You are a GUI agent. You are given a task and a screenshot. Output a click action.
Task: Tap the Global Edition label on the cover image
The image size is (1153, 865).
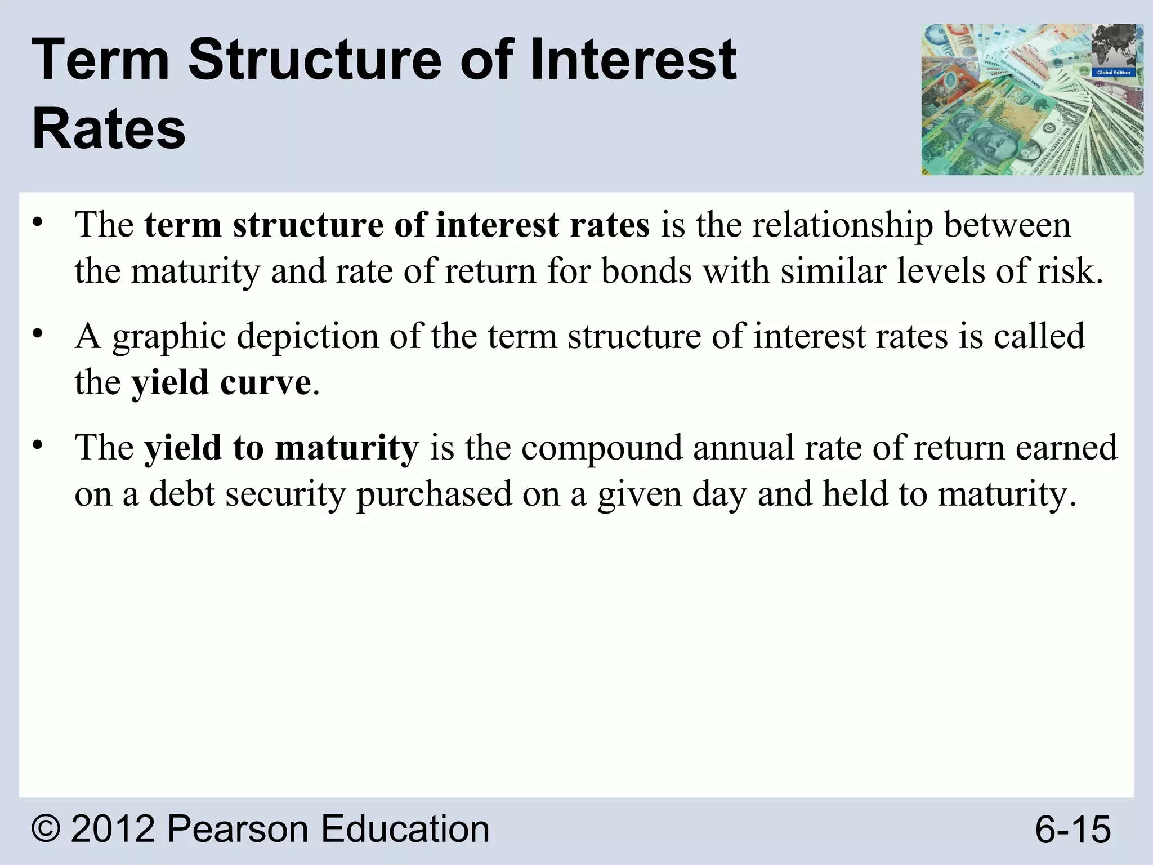1113,73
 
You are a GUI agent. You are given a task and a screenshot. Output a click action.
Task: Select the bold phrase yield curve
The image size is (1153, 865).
221,382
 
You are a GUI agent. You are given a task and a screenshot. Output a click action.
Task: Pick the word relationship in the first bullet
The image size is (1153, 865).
843,225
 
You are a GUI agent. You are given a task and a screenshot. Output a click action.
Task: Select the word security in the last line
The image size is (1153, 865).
285,494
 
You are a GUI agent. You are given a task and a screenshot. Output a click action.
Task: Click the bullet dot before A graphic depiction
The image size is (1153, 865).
37,334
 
